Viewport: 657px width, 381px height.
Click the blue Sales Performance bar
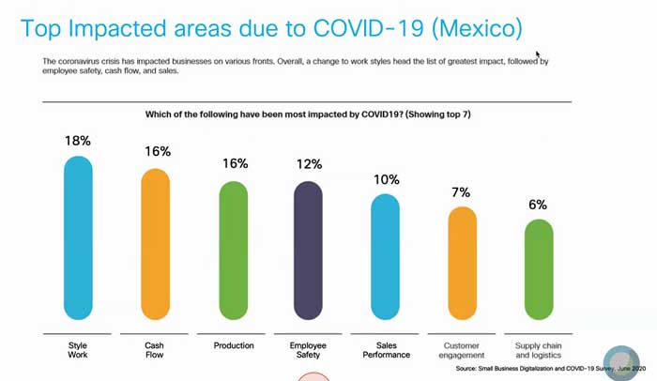pyautogui.click(x=386, y=258)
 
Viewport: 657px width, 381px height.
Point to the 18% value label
pyautogui.click(x=78, y=141)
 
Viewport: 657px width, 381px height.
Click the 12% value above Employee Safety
pyautogui.click(x=309, y=165)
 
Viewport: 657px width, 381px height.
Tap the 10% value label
pyautogui.click(x=386, y=178)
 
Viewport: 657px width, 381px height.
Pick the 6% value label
pyautogui.click(x=538, y=204)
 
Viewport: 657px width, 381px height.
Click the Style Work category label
pyautogui.click(x=78, y=350)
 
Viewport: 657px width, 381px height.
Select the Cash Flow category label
pyautogui.click(x=155, y=350)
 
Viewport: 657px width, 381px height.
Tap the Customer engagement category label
pyautogui.click(x=462, y=350)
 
